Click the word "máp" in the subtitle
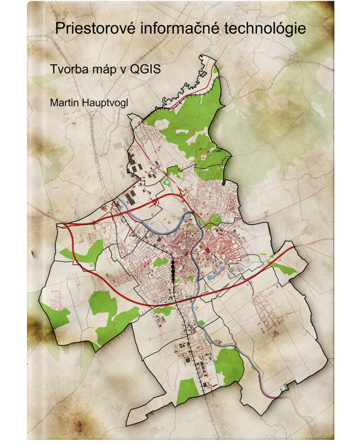tap(103, 69)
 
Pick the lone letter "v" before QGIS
tap(123, 69)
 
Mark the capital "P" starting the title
tap(60, 29)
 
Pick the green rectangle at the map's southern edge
tap(186, 390)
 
